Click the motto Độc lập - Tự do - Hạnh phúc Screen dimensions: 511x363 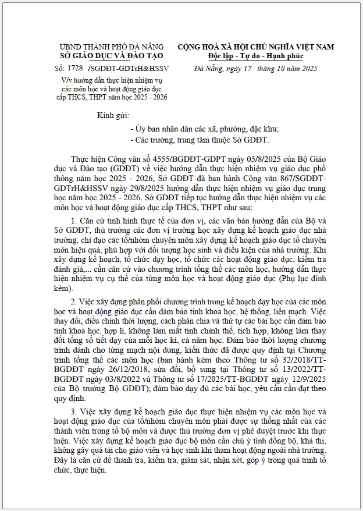coord(255,56)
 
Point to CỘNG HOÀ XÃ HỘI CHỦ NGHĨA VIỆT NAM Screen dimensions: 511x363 coord(255,47)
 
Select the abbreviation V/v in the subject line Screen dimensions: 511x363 coord(59,80)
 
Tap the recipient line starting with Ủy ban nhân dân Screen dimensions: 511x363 coord(205,128)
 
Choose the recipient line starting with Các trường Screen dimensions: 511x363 coord(200,140)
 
